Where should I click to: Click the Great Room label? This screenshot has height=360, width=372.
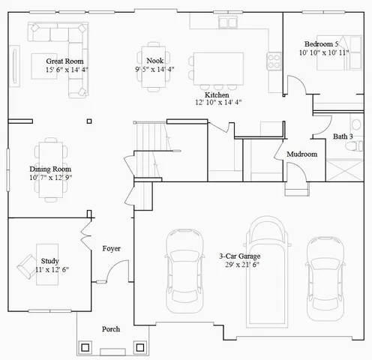pyautogui.click(x=64, y=61)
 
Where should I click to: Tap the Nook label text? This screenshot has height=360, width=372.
pyautogui.click(x=154, y=61)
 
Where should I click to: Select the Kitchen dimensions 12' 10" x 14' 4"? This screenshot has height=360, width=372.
pyautogui.click(x=218, y=102)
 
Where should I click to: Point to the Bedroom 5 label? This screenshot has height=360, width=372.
pyautogui.click(x=323, y=43)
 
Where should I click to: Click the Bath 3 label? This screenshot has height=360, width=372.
pyautogui.click(x=344, y=136)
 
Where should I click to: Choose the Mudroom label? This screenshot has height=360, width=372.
pyautogui.click(x=301, y=154)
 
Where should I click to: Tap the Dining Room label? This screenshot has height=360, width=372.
pyautogui.click(x=51, y=169)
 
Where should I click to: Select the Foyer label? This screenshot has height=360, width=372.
pyautogui.click(x=112, y=248)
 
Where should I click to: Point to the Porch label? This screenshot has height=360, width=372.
pyautogui.click(x=111, y=329)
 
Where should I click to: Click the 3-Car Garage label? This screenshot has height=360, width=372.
pyautogui.click(x=240, y=256)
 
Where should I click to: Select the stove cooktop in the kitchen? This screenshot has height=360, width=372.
pyautogui.click(x=273, y=59)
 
